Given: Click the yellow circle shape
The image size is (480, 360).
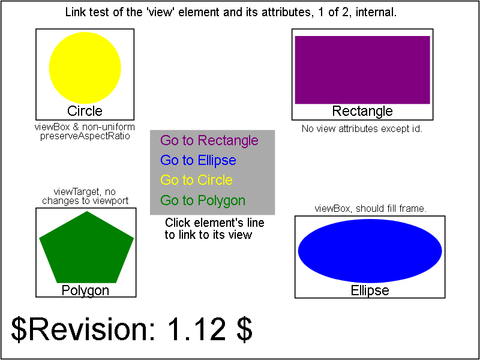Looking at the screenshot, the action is (85, 68).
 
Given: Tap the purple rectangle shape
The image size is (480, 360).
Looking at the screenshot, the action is (362, 70).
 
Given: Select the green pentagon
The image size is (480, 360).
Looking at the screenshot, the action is (86, 247).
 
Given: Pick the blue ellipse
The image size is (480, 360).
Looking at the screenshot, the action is (370, 251).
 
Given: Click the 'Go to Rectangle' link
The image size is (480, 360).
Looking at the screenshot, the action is (209, 140).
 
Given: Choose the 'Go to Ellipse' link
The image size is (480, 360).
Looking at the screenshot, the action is (199, 160).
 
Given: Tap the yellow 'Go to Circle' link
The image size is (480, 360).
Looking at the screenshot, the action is (197, 180).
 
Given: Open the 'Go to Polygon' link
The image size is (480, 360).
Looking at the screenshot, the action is (203, 200).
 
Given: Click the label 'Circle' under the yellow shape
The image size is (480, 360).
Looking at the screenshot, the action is (85, 111).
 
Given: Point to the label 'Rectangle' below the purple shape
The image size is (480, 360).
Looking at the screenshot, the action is (362, 111).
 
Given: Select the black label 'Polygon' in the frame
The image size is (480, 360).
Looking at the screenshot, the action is (85, 290).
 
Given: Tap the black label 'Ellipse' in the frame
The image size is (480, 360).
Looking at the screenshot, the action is (370, 290).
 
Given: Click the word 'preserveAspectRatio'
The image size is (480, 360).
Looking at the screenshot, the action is (85, 137).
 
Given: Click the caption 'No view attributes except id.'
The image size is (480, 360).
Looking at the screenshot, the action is (362, 128).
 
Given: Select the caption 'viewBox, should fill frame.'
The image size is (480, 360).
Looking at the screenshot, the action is (371, 209).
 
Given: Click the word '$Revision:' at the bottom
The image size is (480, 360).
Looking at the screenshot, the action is (83, 330).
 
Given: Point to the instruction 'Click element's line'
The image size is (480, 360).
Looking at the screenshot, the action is (215, 223).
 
